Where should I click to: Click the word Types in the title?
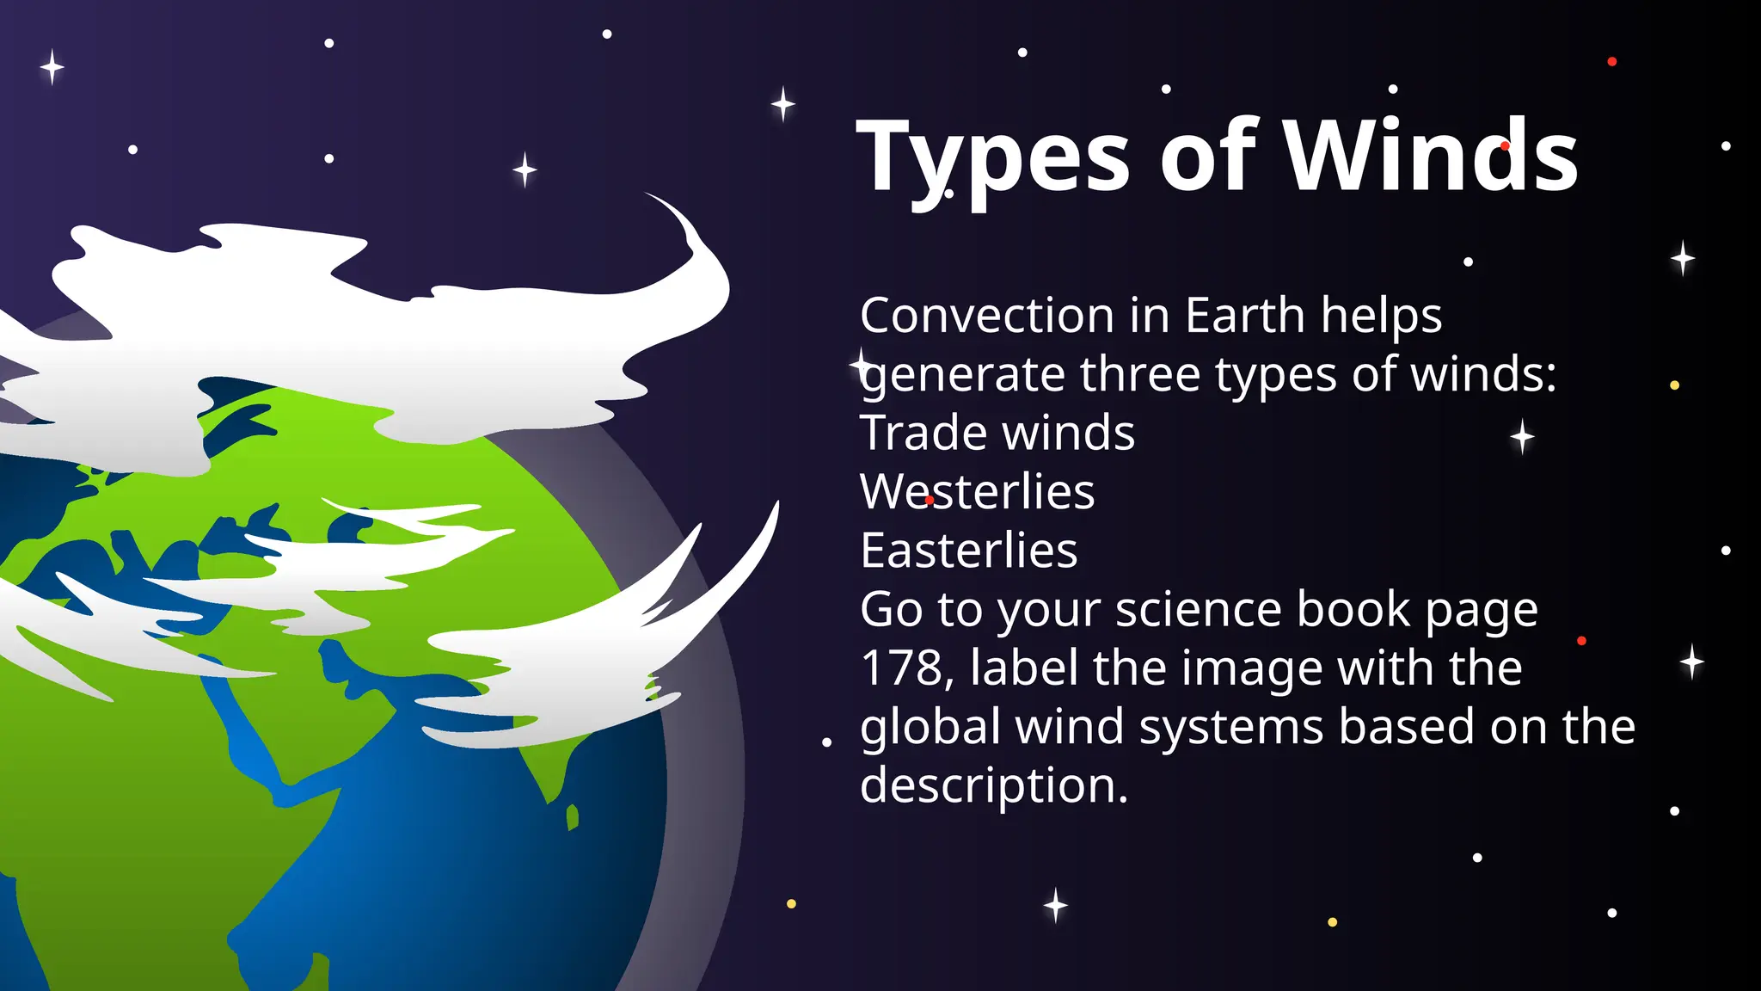click(x=992, y=158)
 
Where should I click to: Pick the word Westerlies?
click(x=977, y=492)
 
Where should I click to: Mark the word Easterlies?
click(x=968, y=551)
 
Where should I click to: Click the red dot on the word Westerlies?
click(x=930, y=500)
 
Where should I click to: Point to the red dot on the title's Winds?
click(x=1505, y=146)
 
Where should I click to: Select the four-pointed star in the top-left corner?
click(x=52, y=67)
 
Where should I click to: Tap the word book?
click(x=1353, y=610)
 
